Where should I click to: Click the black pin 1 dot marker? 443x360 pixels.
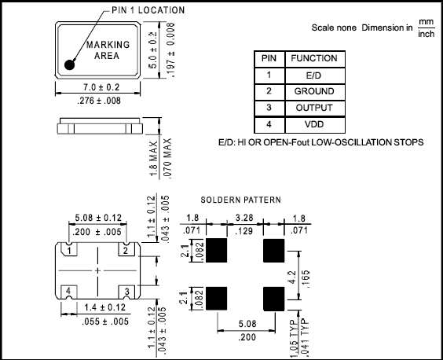click(71, 64)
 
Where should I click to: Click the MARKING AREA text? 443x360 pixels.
click(103, 50)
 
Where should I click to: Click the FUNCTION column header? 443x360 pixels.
click(313, 58)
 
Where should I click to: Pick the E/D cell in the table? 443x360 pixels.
click(313, 75)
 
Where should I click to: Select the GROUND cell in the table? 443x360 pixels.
click(313, 91)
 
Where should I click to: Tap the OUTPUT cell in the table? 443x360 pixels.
click(313, 108)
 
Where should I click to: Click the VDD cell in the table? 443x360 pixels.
click(313, 125)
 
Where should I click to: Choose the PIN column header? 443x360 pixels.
click(269, 58)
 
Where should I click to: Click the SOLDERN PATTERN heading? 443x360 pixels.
click(240, 200)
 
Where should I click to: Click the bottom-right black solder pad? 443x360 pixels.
click(274, 299)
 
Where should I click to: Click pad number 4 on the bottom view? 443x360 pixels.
click(69, 291)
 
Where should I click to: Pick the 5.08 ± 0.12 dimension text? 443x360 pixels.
click(97, 218)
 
